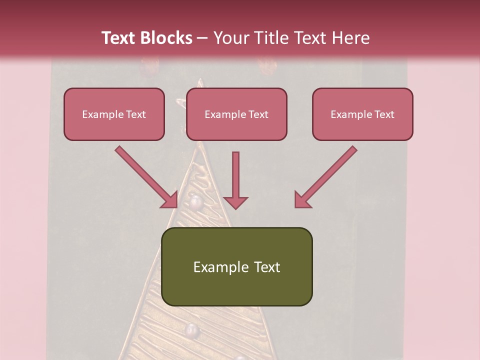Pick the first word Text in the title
(x=119, y=38)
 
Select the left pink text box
(x=114, y=114)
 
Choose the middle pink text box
(x=236, y=114)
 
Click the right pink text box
(x=362, y=114)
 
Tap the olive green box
(x=236, y=266)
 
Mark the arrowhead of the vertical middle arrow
(x=235, y=202)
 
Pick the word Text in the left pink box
(x=135, y=114)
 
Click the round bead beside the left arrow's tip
(x=195, y=202)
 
